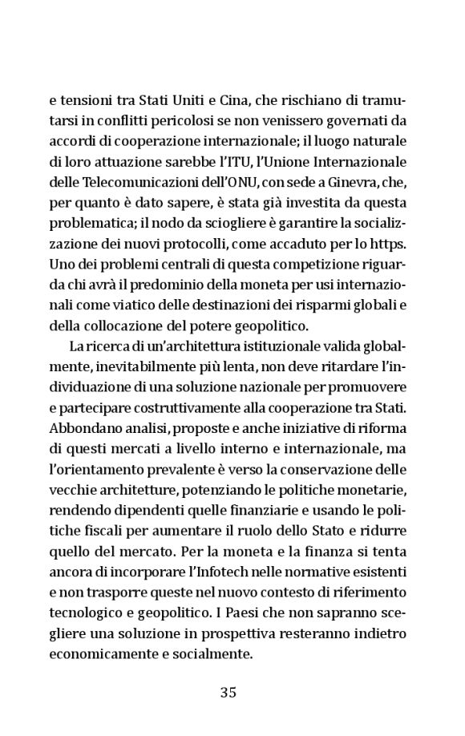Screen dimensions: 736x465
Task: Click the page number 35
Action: (228, 693)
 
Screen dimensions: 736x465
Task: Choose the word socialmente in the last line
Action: (212, 653)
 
